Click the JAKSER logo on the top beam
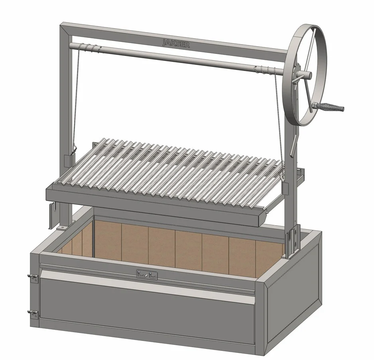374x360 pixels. tap(176, 44)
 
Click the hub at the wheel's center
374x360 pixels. tap(305, 75)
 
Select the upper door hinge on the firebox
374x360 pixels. tap(33, 278)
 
